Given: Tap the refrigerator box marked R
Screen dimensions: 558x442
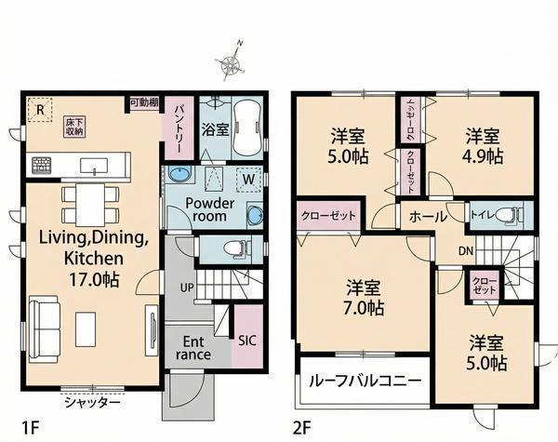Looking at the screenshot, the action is (40, 110).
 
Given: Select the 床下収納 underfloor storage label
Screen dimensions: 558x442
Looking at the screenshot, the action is (74, 127).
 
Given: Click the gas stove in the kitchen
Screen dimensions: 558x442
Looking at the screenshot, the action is (41, 166).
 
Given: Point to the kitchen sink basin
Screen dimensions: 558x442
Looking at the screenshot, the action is (94, 166).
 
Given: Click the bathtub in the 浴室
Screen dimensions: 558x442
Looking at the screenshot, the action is (246, 127).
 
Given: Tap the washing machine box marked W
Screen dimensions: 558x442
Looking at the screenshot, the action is (248, 179).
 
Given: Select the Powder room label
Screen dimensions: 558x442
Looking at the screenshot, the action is (209, 209).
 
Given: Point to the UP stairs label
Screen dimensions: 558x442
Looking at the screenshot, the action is (187, 287).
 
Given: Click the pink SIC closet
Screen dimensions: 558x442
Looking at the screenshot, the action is (247, 337).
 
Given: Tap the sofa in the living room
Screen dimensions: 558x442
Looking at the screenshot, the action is (44, 328).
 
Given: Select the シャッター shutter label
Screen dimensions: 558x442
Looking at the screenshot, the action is (92, 403).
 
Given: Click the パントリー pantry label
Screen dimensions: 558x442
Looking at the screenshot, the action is (179, 129).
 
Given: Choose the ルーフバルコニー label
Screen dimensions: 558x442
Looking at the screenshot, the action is (365, 382).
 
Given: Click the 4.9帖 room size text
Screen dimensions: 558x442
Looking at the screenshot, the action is (484, 156).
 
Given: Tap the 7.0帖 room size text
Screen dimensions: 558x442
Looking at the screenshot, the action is (364, 308).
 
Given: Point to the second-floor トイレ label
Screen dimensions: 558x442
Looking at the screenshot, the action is (482, 215).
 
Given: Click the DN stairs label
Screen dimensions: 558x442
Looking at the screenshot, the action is (466, 251).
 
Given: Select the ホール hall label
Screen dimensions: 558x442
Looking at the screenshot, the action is (428, 216).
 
